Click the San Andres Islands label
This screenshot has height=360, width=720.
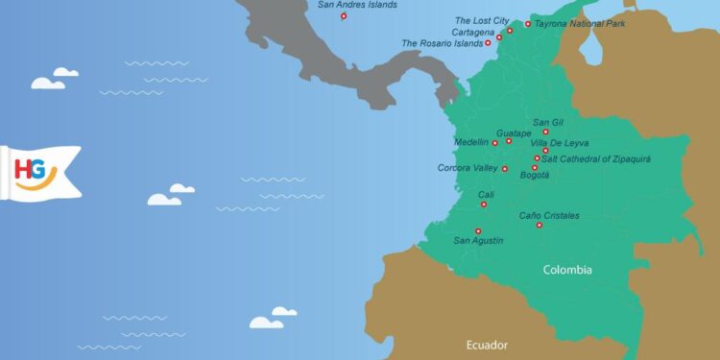(357, 5)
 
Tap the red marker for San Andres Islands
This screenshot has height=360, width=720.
(344, 16)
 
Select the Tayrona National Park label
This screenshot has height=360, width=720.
(580, 23)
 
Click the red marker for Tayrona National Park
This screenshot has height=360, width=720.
(528, 24)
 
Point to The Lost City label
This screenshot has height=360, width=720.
(482, 20)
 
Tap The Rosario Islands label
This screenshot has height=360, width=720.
(442, 43)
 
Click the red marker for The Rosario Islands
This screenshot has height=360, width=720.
(488, 43)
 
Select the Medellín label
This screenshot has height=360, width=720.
(471, 143)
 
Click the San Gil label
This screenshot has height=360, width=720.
(548, 122)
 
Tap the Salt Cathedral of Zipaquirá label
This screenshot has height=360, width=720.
(596, 157)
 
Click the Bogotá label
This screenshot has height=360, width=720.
(535, 176)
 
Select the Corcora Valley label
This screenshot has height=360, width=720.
(468, 168)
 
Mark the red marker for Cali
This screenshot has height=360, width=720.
(485, 204)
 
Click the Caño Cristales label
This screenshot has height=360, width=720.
(549, 216)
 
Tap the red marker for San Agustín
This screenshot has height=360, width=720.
(477, 230)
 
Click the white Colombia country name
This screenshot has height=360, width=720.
(567, 270)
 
